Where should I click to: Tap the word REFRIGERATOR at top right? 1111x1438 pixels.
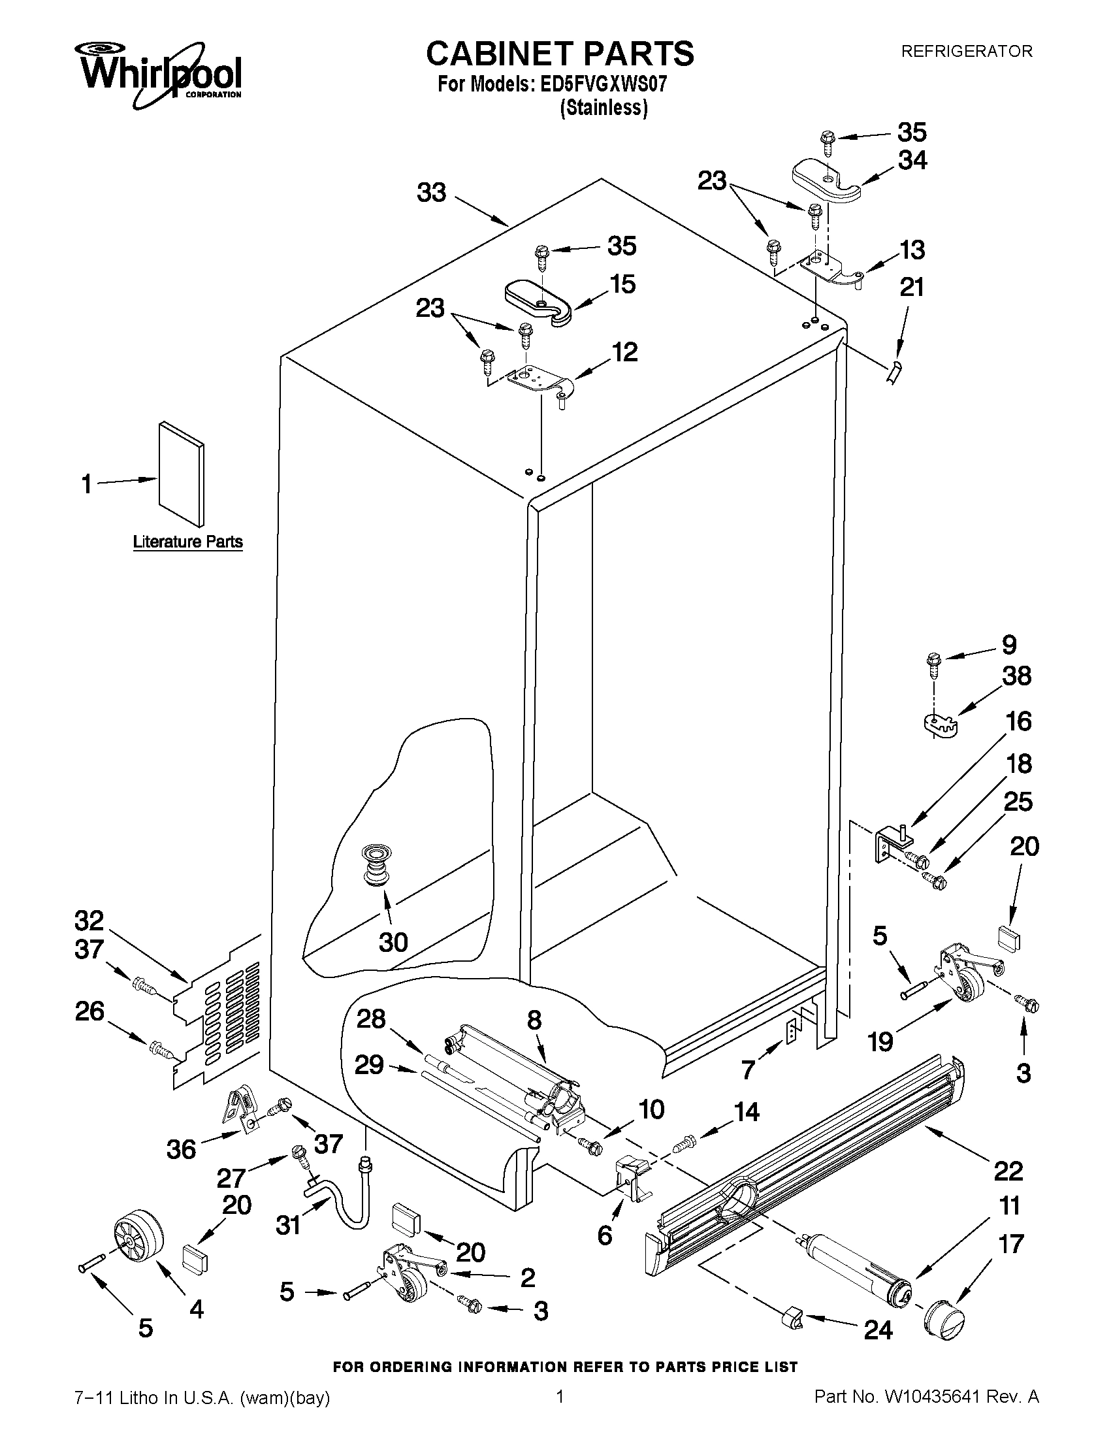coord(966,52)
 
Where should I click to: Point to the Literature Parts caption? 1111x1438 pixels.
coord(187,542)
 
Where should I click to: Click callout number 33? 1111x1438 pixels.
coord(432,193)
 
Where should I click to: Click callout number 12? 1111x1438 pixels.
coord(624,352)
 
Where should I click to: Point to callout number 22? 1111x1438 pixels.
coord(1008,1171)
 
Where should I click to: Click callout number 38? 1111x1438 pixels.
coord(1016,676)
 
